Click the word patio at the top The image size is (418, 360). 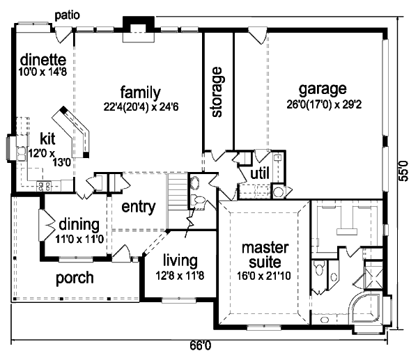(67, 15)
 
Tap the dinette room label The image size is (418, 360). (43, 59)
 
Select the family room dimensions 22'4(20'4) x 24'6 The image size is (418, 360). (141, 107)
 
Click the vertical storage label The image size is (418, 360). (217, 92)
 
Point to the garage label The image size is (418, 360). (323, 90)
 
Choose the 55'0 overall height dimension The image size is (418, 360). (404, 171)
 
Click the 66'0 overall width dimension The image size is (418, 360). (201, 345)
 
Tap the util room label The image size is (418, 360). (260, 173)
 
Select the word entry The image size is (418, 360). (139, 207)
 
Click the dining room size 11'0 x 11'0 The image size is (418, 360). (79, 239)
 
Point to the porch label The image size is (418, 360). (75, 279)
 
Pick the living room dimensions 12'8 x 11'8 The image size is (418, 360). (180, 276)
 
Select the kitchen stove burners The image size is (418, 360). (44, 186)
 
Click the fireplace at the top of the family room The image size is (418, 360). (139, 29)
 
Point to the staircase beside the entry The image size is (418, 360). (177, 201)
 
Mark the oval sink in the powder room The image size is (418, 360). (195, 183)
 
